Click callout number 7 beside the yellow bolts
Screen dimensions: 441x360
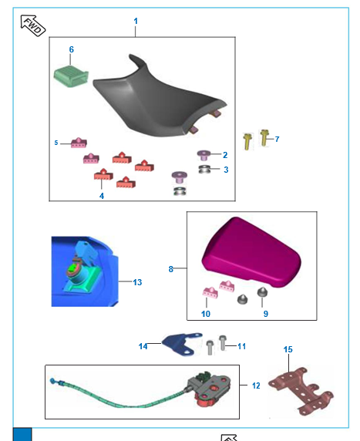pyautogui.click(x=277, y=139)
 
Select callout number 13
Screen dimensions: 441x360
pyautogui.click(x=137, y=283)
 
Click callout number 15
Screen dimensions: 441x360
pyautogui.click(x=288, y=350)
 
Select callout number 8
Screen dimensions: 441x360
pyautogui.click(x=171, y=269)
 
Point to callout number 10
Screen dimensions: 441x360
pyautogui.click(x=206, y=315)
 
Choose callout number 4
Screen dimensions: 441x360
pyautogui.click(x=101, y=196)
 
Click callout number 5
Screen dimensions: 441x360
pyautogui.click(x=56, y=143)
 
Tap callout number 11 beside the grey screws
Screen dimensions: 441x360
pyautogui.click(x=241, y=346)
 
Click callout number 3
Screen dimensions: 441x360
pyautogui.click(x=225, y=169)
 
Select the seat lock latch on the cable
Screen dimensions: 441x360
pyautogui.click(x=208, y=387)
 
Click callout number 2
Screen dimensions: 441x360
pyautogui.click(x=225, y=155)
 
